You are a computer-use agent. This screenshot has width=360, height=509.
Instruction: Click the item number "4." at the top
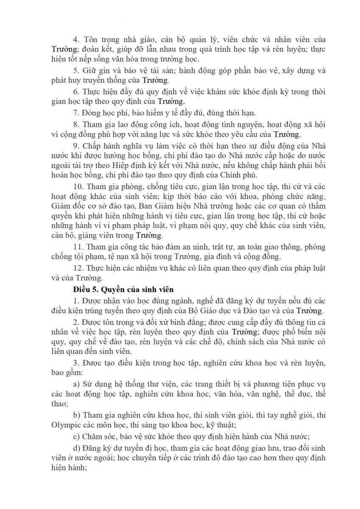77,39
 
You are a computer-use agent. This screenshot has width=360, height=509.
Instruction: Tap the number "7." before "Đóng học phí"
77,113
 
